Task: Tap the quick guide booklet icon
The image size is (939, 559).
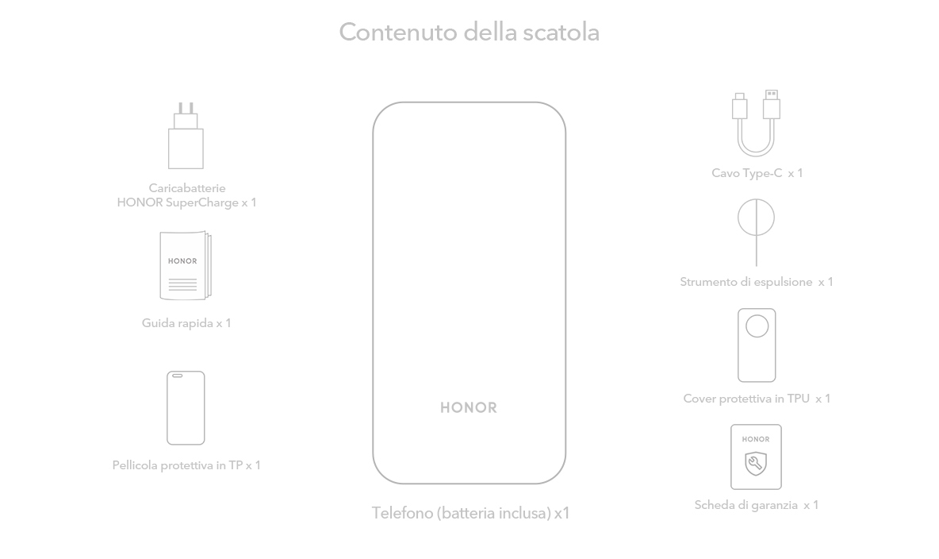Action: pos(186,265)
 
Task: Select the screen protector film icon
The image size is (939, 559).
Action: pos(186,408)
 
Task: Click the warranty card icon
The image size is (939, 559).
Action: pos(756,457)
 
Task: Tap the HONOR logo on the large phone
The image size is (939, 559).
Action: pos(469,408)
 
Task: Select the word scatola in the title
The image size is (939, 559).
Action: pos(561,32)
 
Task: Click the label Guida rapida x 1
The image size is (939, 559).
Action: pos(186,323)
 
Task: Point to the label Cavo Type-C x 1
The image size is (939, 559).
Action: pos(757,173)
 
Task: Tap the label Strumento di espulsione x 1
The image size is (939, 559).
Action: pos(757,282)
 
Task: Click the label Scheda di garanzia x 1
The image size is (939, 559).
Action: pos(757,505)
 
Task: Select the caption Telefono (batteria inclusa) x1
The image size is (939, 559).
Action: pos(470,514)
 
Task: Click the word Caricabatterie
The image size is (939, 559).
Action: pos(187,188)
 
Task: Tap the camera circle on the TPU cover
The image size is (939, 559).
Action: pos(757,326)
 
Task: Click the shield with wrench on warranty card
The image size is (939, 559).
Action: pos(756,464)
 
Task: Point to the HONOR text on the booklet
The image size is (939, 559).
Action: pos(182,261)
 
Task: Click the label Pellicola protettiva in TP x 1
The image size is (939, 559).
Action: pos(186,465)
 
